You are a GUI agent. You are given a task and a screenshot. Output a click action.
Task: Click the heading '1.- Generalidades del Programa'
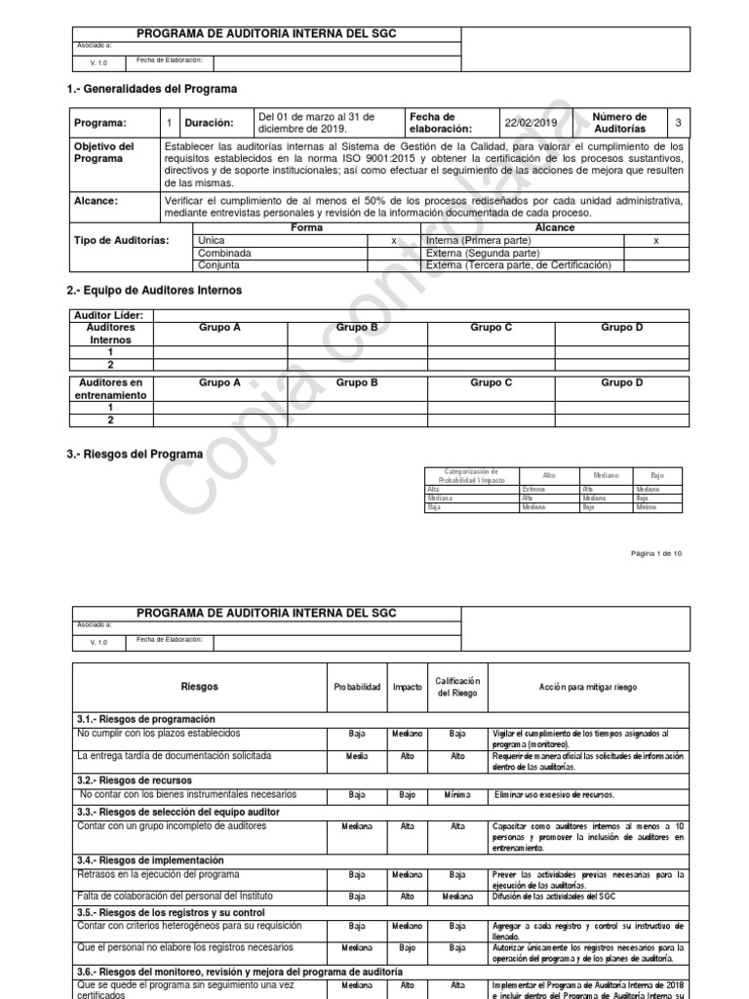151,89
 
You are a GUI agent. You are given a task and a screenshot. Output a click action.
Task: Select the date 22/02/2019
530,123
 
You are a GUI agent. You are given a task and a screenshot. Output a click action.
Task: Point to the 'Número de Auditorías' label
619,123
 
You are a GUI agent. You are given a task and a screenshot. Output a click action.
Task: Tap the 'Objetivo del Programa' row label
104,153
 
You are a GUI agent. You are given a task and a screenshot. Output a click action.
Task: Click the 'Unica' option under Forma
211,239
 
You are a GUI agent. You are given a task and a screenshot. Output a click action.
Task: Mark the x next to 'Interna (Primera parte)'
655,240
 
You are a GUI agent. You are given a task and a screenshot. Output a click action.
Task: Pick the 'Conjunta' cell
218,264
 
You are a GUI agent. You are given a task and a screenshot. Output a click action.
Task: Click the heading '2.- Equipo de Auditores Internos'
154,291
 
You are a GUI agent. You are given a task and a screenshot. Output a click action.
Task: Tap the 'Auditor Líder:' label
108,316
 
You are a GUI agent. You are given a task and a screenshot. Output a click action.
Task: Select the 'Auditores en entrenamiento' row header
110,389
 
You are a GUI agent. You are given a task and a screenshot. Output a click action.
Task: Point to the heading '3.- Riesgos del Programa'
135,455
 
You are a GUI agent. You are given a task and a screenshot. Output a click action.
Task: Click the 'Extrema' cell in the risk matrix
533,489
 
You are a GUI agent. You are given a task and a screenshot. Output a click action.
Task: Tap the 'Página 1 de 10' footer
656,553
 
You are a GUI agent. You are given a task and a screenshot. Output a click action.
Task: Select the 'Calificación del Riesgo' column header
457,687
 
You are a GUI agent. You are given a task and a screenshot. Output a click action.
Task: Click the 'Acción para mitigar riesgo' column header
588,687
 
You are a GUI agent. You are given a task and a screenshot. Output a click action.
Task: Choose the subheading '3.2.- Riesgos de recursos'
135,780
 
